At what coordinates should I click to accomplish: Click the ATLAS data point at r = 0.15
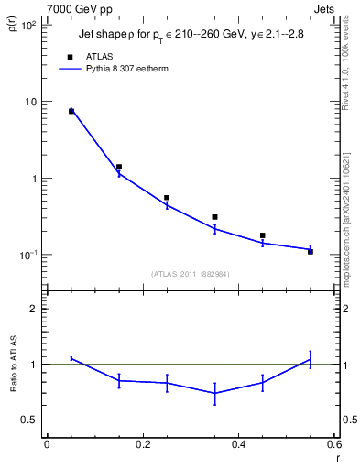click(119, 167)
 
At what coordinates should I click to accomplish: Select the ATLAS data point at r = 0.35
click(214, 217)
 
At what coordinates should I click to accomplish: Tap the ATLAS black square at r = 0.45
click(263, 235)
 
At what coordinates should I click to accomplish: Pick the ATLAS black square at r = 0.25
click(167, 197)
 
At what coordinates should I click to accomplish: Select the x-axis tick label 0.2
click(142, 444)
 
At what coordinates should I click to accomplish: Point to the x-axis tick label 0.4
click(238, 444)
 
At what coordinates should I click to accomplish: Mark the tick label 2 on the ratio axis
click(34, 309)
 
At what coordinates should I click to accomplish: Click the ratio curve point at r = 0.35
click(214, 393)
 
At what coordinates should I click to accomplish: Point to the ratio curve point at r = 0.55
click(311, 359)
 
